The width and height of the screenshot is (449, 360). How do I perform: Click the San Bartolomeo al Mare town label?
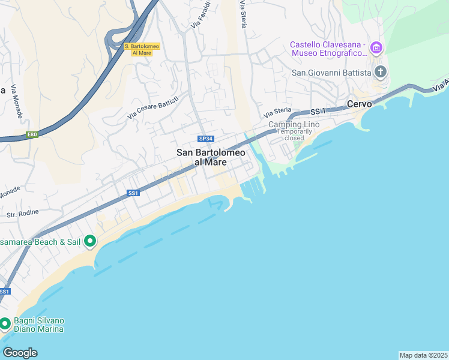pyautogui.click(x=211, y=157)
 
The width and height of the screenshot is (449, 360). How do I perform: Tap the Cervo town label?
pyautogui.click(x=360, y=104)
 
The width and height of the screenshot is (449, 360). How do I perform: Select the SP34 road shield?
pyautogui.click(x=206, y=139)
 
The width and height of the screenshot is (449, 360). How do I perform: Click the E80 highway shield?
pyautogui.click(x=32, y=134)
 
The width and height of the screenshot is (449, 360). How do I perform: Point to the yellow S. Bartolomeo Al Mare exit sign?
pyautogui.click(x=138, y=49)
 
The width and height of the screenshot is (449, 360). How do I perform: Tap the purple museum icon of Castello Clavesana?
pyautogui.click(x=376, y=47)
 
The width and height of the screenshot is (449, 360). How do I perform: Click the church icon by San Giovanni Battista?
pyautogui.click(x=380, y=73)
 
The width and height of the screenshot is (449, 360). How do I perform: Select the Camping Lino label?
pyautogui.click(x=294, y=124)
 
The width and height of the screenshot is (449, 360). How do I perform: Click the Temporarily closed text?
pyautogui.click(x=295, y=134)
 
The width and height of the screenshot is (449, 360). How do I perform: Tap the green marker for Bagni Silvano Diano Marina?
pyautogui.click(x=5, y=324)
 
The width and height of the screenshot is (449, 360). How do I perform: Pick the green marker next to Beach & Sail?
pyautogui.click(x=90, y=242)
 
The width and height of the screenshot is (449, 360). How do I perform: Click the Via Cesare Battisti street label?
pyautogui.click(x=153, y=107)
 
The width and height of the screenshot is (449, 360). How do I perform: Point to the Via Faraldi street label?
pyautogui.click(x=200, y=15)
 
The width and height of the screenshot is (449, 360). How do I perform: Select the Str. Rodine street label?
pyautogui.click(x=22, y=213)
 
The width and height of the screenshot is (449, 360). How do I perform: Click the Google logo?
pyautogui.click(x=20, y=352)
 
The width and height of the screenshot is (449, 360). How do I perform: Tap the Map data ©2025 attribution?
pyautogui.click(x=424, y=355)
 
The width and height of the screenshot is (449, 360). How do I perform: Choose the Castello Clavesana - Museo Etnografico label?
pyautogui.click(x=328, y=49)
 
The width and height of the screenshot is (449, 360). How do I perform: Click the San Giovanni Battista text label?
pyautogui.click(x=331, y=73)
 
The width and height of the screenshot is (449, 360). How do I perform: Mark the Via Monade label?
pyautogui.click(x=14, y=101)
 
